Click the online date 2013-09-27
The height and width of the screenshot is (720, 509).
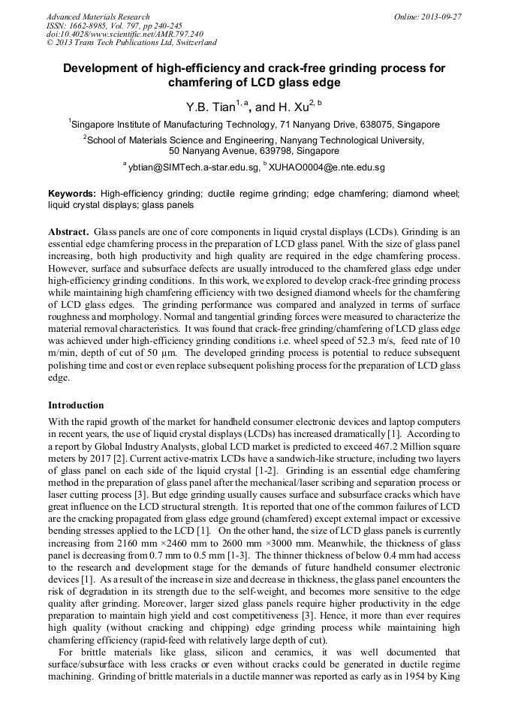[435, 17]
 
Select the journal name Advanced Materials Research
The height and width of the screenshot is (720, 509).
[98, 17]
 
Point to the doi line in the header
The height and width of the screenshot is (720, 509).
[125, 35]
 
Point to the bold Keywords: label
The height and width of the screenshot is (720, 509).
[72, 193]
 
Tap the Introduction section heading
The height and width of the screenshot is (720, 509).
[76, 405]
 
